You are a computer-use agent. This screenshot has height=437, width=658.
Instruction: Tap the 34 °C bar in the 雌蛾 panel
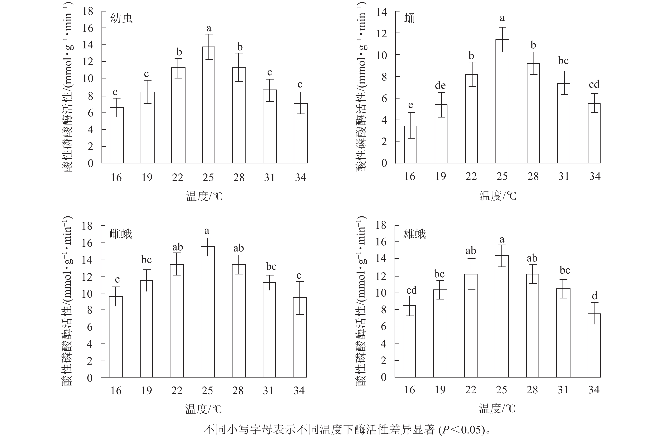(300, 337)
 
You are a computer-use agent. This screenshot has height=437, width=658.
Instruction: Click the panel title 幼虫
(121, 18)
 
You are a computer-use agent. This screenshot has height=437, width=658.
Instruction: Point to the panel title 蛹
(409, 18)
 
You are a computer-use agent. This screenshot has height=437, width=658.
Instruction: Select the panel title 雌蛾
(121, 234)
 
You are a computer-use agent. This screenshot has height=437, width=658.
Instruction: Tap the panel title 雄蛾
(414, 234)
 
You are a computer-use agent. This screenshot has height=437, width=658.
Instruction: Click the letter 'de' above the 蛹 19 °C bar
(440, 85)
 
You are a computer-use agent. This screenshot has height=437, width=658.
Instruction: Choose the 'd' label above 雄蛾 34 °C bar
(594, 296)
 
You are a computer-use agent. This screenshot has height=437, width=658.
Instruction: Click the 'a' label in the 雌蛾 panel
(207, 231)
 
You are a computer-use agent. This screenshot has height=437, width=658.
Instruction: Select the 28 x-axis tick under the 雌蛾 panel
(238, 390)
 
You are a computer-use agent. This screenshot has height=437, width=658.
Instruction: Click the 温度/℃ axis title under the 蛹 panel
(498, 196)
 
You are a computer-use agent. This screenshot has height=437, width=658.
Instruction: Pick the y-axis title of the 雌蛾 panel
(67, 301)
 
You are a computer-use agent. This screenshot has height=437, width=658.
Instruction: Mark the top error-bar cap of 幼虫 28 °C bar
(239, 53)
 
